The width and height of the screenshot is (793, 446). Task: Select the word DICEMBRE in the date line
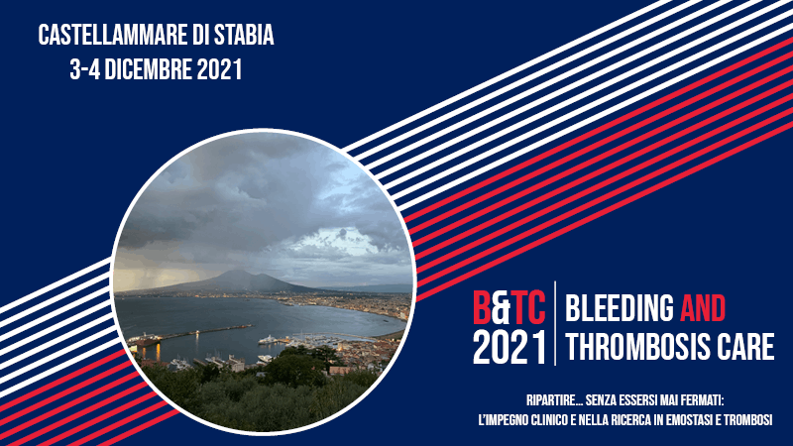pos(148,69)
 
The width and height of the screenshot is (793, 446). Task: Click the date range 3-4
pos(84,69)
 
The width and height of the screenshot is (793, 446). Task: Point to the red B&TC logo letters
pos(509,308)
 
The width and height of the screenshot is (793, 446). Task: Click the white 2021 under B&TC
pos(510,347)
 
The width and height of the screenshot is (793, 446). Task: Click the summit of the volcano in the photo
pos(234,271)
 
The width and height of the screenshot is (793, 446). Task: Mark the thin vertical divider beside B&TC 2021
pos(555,323)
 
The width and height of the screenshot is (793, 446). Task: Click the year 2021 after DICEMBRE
pos(219,69)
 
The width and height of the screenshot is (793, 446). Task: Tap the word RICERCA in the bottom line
pos(632,420)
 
